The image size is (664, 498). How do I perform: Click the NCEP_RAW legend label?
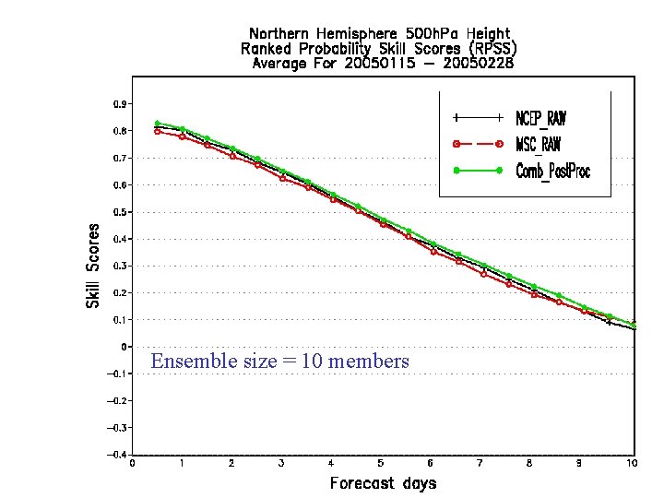[x=540, y=118]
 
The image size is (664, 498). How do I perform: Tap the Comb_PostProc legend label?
[x=552, y=171]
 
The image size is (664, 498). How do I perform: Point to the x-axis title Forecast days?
[x=383, y=482]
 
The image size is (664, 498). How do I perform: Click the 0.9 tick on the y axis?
[x=121, y=104]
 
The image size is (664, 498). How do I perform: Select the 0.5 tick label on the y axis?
[x=121, y=212]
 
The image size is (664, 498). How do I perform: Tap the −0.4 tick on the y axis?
[x=118, y=454]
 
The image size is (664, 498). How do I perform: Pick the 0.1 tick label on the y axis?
[x=121, y=319]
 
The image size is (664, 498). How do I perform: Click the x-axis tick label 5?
[x=381, y=463]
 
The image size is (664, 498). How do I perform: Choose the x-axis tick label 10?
[x=631, y=463]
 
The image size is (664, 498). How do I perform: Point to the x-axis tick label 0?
[x=132, y=463]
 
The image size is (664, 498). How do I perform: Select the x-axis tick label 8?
[x=530, y=463]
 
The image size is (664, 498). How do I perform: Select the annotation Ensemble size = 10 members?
[x=279, y=362]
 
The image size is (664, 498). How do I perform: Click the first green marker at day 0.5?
[x=158, y=123]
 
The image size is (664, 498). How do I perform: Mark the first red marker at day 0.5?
[x=158, y=131]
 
